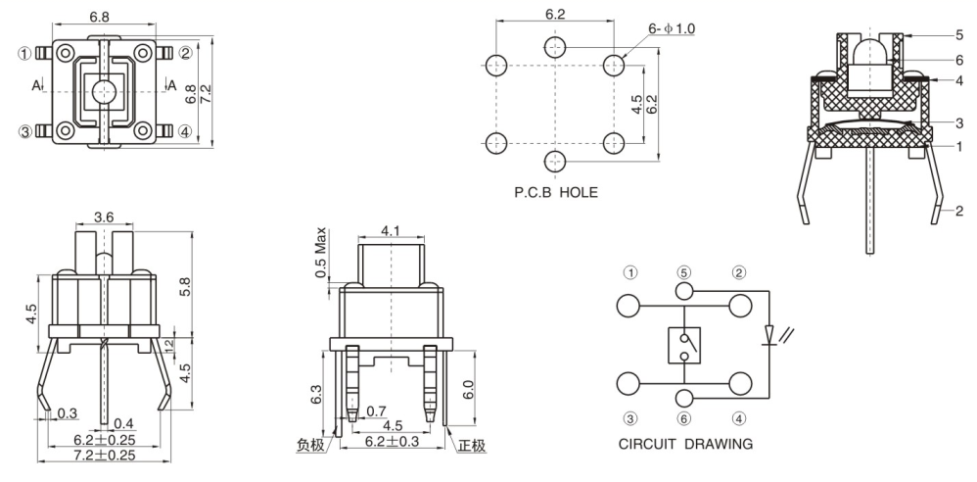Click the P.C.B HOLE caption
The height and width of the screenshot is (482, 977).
tap(555, 193)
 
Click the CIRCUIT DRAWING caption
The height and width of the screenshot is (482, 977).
tap(685, 444)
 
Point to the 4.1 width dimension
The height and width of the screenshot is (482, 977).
tap(390, 231)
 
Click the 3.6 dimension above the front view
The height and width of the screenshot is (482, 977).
tap(104, 217)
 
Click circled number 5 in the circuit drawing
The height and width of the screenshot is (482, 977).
tap(683, 271)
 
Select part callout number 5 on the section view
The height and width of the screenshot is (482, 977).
tap(959, 34)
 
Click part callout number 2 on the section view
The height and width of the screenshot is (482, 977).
tap(959, 210)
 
